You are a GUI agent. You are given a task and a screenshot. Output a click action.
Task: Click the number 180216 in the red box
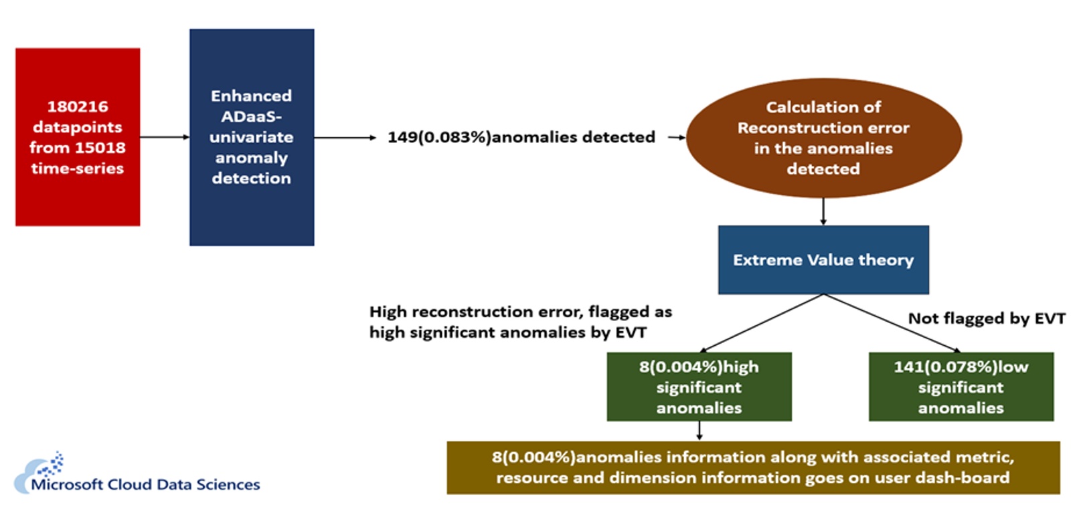coord(77,106)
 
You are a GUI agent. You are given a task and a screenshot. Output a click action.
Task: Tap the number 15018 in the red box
coord(100,148)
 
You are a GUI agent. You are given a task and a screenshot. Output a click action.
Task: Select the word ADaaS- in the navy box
coord(251,116)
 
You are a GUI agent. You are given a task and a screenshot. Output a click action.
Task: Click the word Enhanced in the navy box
coord(251,96)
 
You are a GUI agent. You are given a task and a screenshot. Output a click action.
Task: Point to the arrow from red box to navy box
coord(165,137)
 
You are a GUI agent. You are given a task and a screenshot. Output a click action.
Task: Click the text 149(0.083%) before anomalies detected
coord(438,137)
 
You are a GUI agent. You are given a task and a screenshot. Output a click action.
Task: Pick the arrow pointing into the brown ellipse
coord(677,137)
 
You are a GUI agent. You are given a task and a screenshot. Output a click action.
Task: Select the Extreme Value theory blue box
coord(823,260)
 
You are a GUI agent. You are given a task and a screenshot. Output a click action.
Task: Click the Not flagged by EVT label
coord(986,318)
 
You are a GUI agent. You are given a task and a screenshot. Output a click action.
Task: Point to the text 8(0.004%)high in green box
coord(698,367)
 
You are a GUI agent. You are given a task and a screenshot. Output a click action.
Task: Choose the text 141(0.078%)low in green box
coord(961,367)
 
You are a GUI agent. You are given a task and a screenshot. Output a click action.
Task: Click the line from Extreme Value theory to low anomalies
coord(890,322)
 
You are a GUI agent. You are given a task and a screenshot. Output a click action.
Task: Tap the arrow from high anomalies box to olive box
coord(699,431)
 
